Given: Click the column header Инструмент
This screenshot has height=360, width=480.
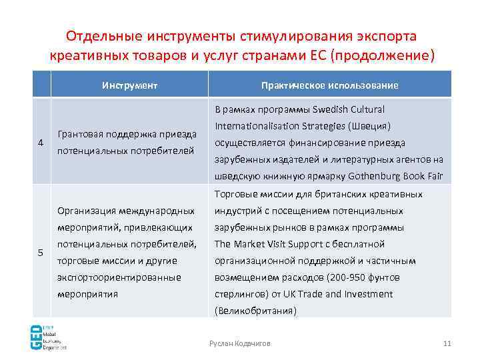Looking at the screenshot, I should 129,85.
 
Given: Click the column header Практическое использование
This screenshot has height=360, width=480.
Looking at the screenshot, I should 330,85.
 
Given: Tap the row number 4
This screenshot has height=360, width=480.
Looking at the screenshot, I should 41,143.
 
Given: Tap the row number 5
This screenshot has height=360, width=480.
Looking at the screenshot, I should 41,253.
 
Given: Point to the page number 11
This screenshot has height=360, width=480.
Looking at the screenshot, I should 447,343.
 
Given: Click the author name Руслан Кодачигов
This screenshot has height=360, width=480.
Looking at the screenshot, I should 240,343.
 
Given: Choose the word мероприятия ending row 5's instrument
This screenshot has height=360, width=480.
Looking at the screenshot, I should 87,293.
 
